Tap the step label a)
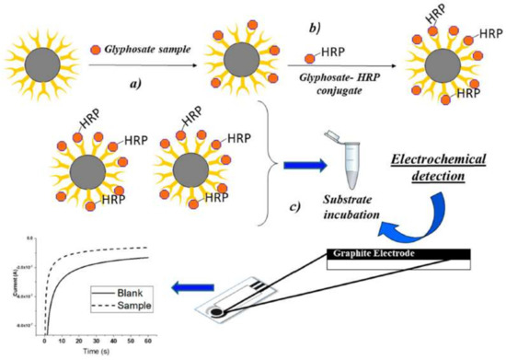coord(136,83)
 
